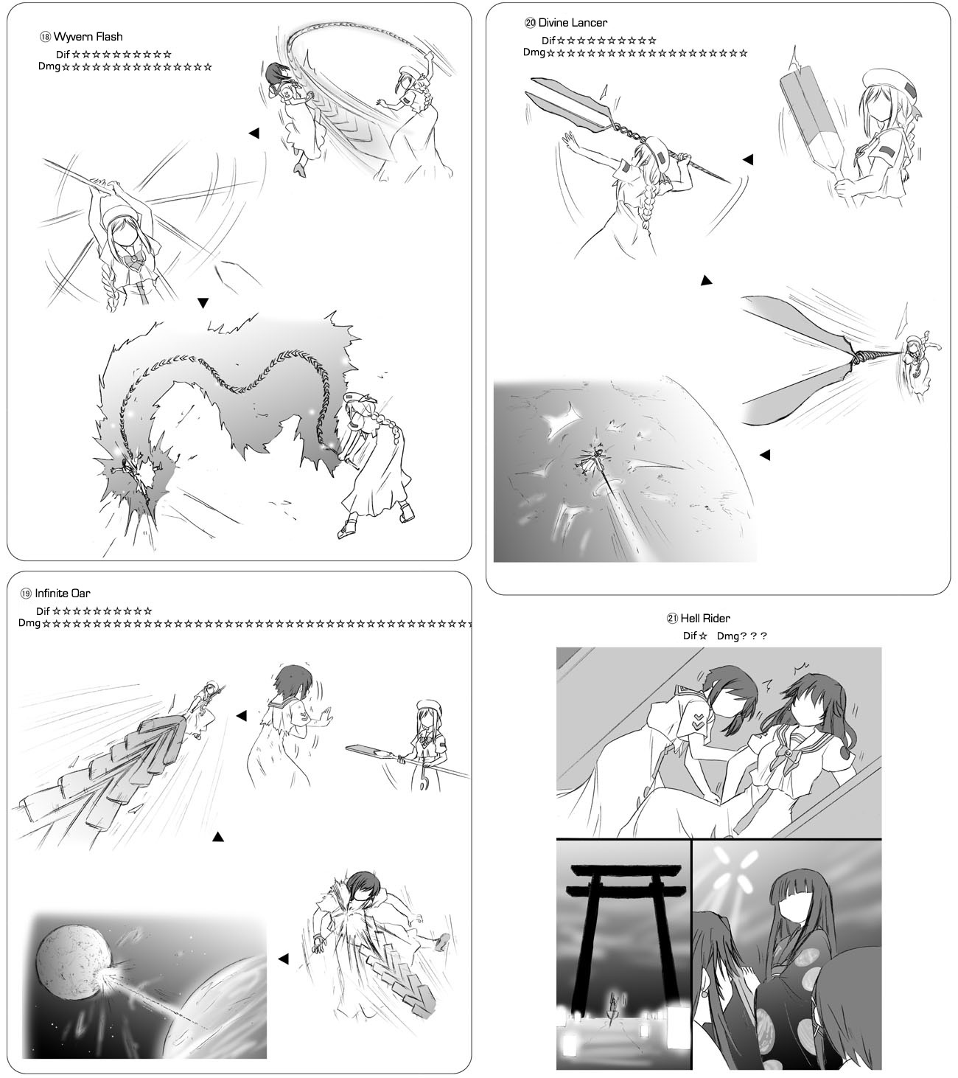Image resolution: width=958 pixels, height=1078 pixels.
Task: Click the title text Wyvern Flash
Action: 88,37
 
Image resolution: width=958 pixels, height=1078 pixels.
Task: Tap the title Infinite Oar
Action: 63,593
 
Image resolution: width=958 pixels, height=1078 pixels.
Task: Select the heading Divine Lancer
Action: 573,22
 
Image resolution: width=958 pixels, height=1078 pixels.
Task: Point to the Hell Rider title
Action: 705,618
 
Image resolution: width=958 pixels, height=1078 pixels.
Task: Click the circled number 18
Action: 45,38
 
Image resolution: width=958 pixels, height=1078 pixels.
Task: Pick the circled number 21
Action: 672,619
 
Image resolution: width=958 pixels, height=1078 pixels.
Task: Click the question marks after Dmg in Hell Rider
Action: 752,636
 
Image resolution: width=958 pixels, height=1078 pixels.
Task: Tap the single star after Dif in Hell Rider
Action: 703,636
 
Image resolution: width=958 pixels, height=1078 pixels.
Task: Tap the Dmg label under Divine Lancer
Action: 534,52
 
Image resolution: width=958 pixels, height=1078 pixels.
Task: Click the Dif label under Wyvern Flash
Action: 63,55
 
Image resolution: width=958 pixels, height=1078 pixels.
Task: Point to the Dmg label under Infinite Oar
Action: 29,622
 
